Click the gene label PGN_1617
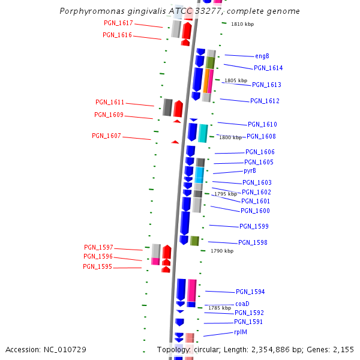coord(118,23)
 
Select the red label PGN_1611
coord(110,102)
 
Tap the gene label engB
coord(262,56)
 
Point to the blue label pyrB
coord(250,170)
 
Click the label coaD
coord(242,304)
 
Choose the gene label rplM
coord(241,332)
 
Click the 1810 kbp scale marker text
coord(242,25)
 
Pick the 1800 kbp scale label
coord(230,138)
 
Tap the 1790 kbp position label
coord(222,251)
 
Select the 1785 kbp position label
coord(220,308)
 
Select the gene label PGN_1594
coord(250,292)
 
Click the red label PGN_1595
coord(97,266)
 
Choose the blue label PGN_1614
coord(268,68)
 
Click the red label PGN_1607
coord(106,136)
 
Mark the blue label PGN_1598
coord(253,242)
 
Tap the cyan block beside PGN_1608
coord(203,133)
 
